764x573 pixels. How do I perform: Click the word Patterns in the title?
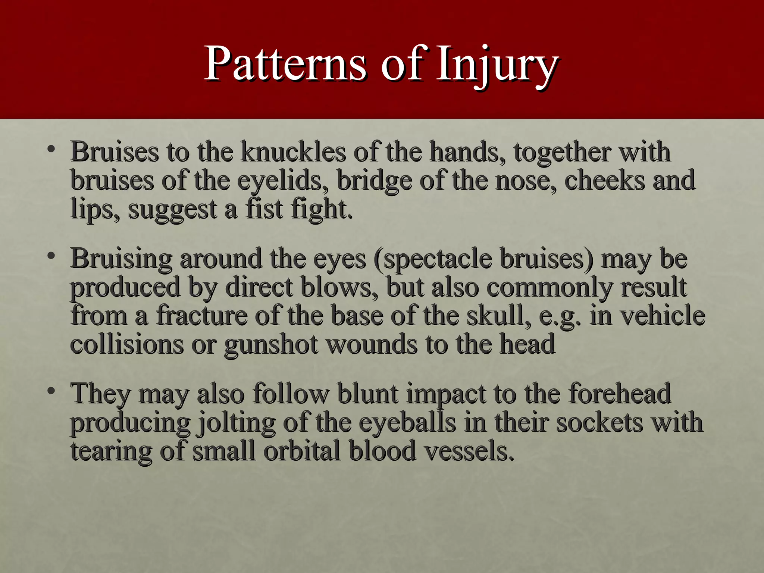click(285, 63)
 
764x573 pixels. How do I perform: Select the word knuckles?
click(293, 152)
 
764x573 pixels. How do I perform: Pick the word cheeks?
click(604, 181)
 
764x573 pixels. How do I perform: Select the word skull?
click(500, 316)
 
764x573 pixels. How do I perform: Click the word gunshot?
click(271, 344)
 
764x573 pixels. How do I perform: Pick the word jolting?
click(237, 423)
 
